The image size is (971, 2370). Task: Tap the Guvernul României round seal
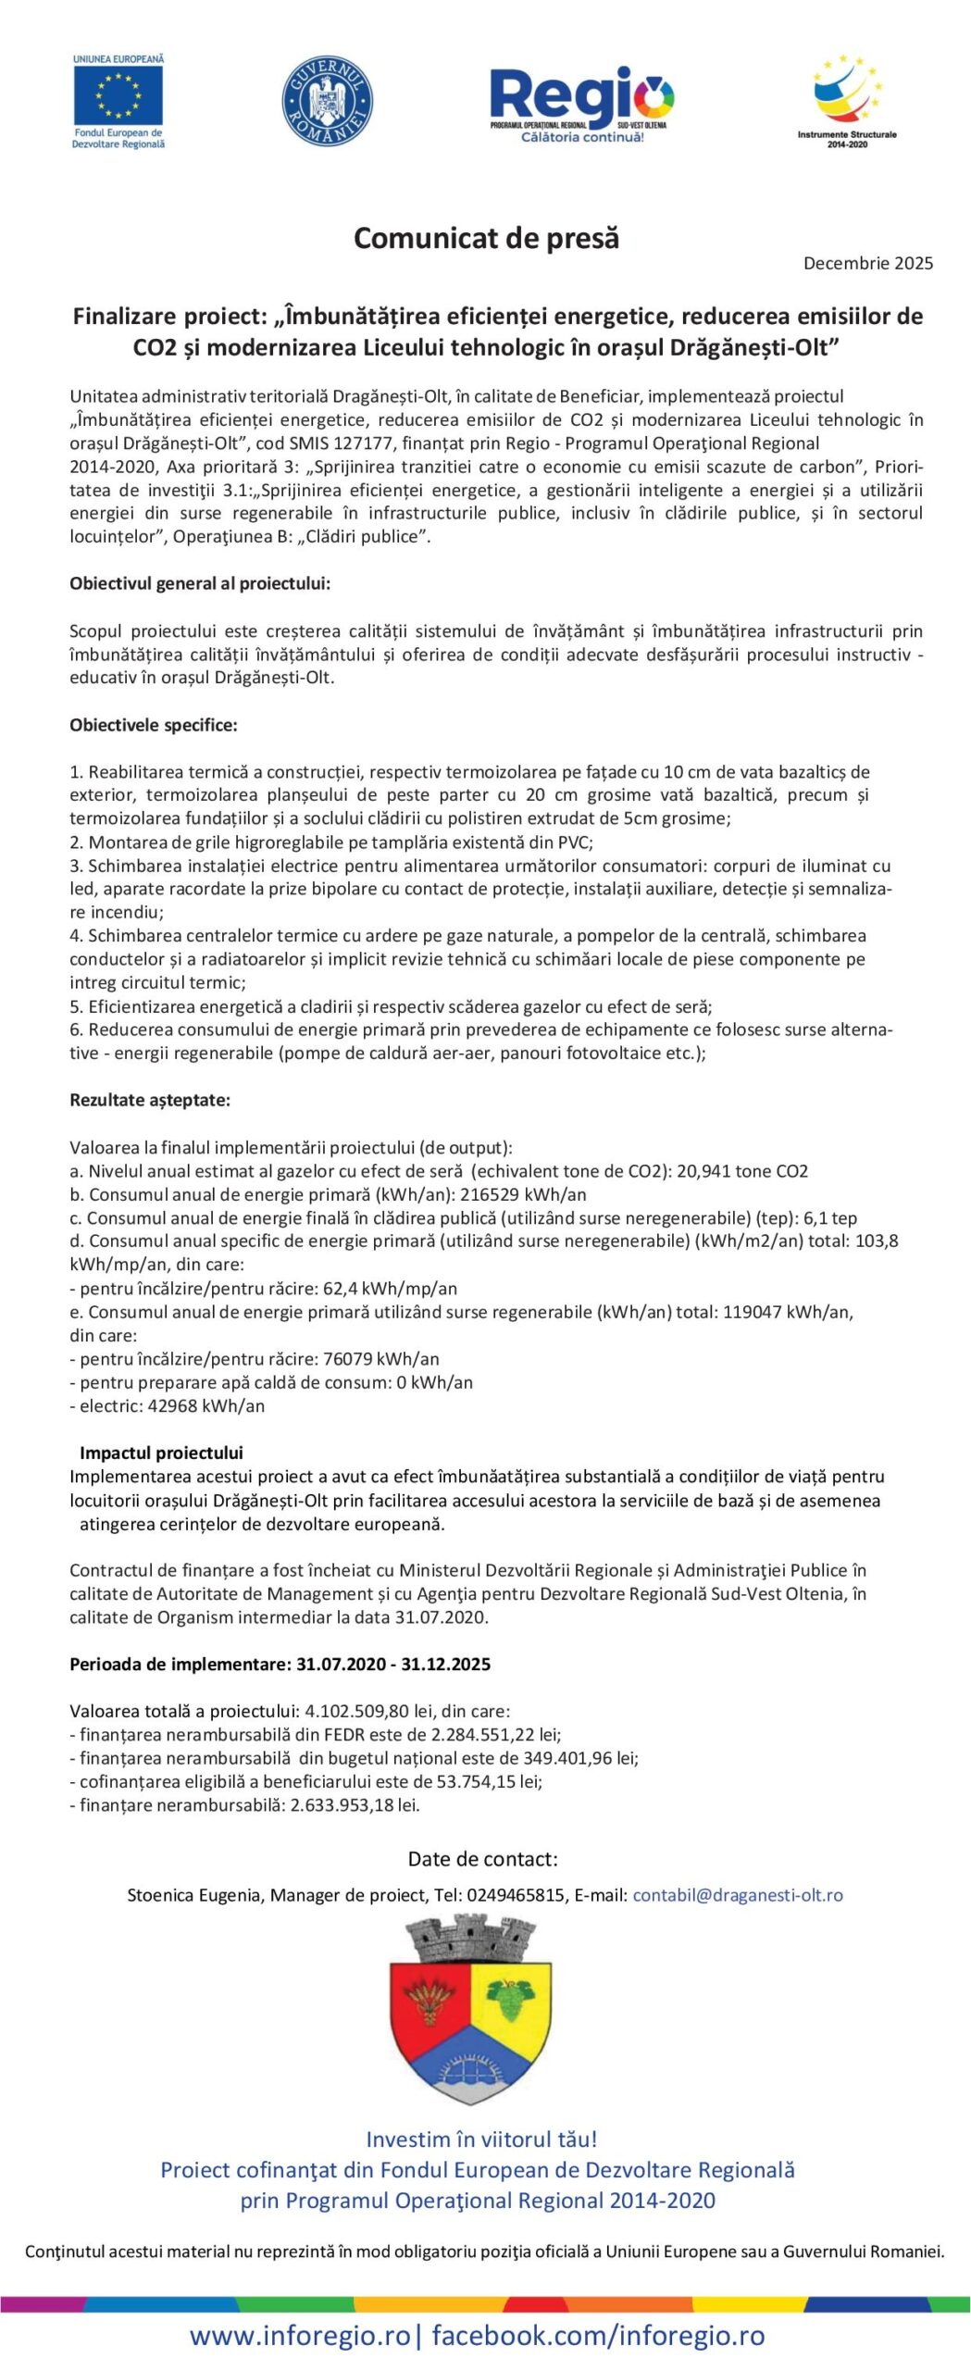click(x=327, y=100)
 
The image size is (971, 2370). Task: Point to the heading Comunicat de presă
click(x=486, y=239)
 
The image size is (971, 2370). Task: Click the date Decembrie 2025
click(x=867, y=264)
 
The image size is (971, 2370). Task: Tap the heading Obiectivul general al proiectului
click(x=200, y=584)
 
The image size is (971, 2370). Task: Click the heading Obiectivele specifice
click(x=154, y=725)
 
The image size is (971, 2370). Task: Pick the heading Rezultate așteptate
click(x=150, y=1100)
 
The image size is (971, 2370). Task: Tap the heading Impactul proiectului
click(x=161, y=1453)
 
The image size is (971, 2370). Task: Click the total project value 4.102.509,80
click(x=367, y=1711)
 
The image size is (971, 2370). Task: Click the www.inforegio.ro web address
click(x=300, y=2336)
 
